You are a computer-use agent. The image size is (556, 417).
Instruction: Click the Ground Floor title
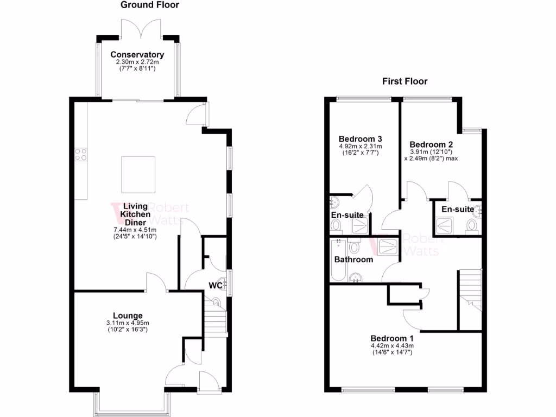coord(150,5)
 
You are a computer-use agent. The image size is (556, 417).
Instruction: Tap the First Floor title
coord(405,81)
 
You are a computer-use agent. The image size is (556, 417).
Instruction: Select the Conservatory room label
coord(137,55)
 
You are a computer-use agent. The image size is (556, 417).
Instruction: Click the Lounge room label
coord(128,315)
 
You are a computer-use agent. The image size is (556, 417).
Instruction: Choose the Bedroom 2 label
coord(431,144)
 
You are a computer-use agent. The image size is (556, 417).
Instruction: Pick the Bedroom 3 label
coord(360,138)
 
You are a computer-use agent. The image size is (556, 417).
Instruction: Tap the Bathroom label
coord(353,260)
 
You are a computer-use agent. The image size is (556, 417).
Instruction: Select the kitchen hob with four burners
coord(81,154)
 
